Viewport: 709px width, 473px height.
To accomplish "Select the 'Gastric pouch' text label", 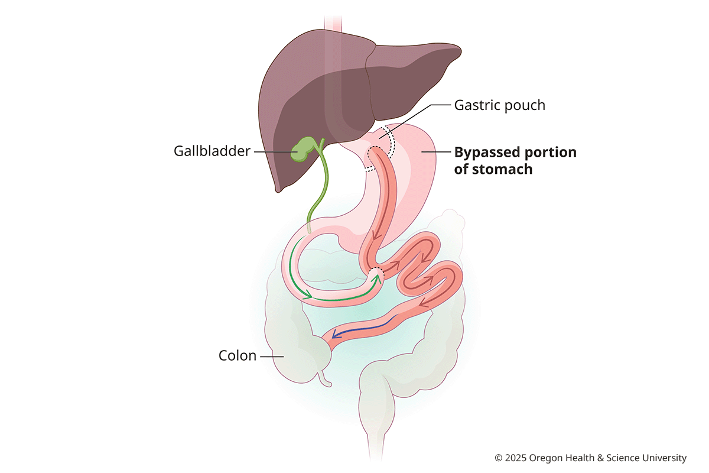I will coord(499,106).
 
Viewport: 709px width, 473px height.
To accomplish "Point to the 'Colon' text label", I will coord(238,356).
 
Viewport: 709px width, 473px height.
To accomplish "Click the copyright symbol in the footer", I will coord(498,458).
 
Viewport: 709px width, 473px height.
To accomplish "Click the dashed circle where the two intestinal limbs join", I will coord(375,274).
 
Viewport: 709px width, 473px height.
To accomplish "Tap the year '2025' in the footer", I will coord(516,458).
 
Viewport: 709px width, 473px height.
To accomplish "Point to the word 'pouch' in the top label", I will coord(527,106).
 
